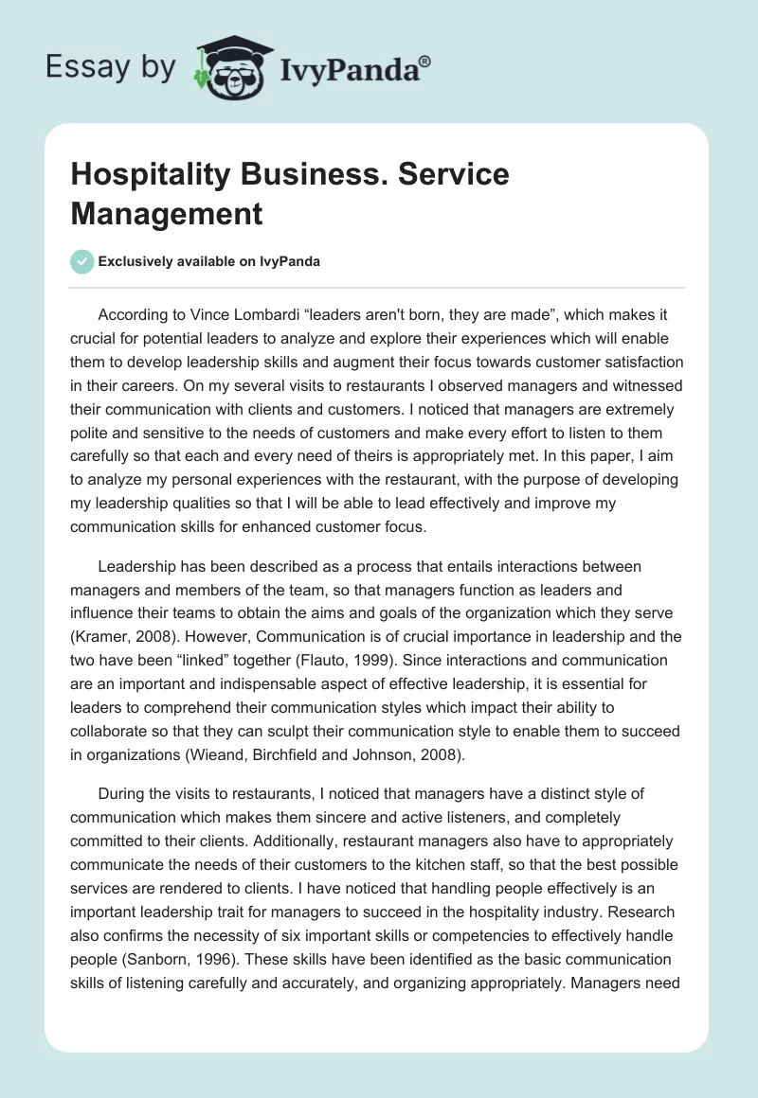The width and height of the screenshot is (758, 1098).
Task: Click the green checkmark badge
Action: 82,261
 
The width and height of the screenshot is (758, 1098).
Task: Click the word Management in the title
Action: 166,213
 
